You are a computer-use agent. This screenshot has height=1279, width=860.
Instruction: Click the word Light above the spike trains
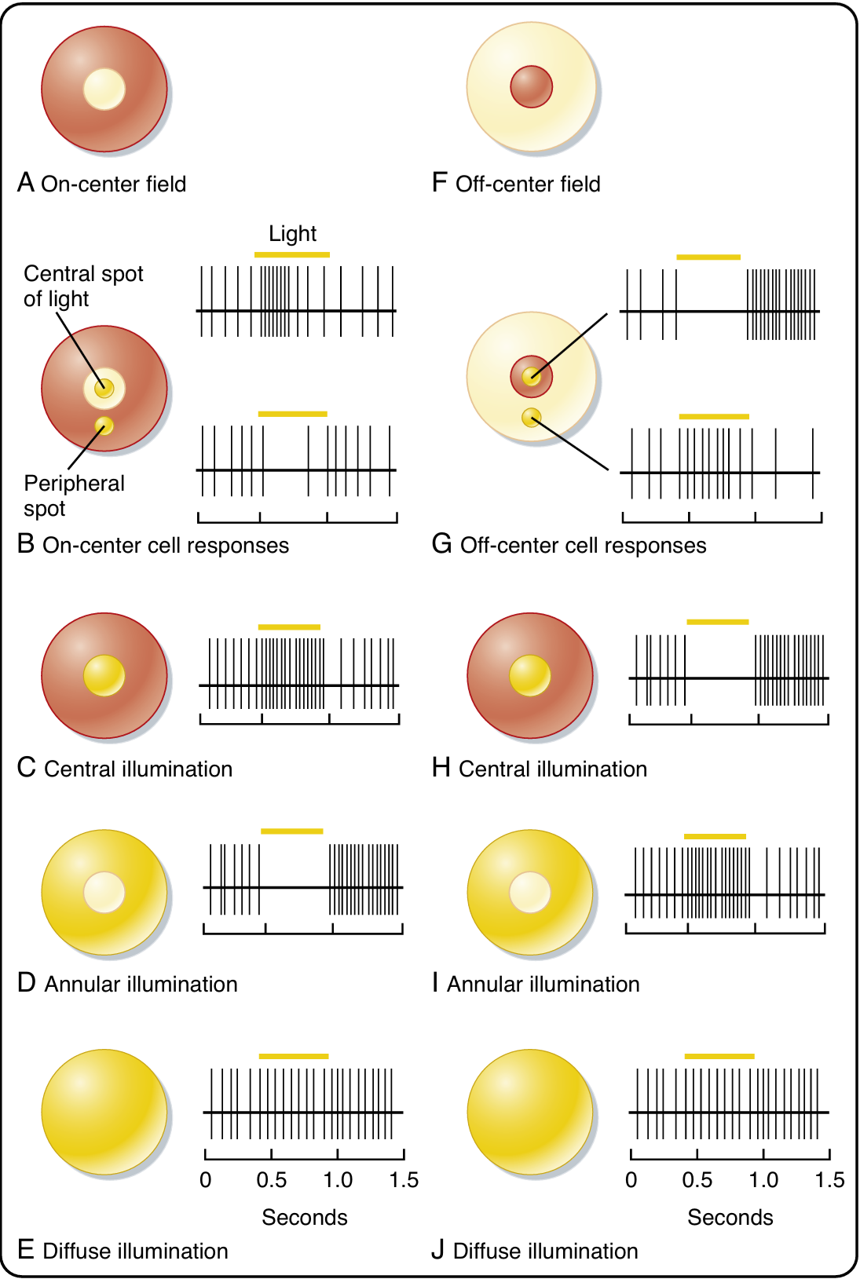[292, 234]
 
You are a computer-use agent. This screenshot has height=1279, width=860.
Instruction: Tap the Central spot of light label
[83, 286]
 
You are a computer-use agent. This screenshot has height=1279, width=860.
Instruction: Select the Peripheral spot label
[74, 495]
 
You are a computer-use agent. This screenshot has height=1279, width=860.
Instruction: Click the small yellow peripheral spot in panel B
[104, 426]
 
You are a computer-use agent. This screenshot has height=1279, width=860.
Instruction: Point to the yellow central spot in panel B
[104, 388]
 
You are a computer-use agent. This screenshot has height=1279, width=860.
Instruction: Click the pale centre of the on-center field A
[104, 89]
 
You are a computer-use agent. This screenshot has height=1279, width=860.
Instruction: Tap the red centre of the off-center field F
[532, 86]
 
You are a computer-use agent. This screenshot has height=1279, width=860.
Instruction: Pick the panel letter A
[26, 183]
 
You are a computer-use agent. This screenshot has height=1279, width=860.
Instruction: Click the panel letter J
[438, 1250]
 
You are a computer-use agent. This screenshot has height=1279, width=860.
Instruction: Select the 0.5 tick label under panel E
[272, 1180]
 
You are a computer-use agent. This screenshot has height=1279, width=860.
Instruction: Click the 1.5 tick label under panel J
[829, 1180]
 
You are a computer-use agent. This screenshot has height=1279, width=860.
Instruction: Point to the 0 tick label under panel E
[206, 1180]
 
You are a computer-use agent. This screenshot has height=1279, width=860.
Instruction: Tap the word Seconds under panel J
[730, 1217]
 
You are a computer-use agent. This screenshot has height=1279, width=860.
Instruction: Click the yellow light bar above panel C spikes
[289, 627]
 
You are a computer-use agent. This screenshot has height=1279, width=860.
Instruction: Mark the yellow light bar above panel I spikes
[715, 836]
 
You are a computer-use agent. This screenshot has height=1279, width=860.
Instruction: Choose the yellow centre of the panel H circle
[530, 676]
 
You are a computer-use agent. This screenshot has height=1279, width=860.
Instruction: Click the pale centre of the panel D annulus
[104, 893]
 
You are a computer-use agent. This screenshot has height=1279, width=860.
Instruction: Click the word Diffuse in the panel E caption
[77, 1251]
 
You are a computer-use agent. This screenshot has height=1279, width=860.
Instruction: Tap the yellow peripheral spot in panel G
[532, 417]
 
